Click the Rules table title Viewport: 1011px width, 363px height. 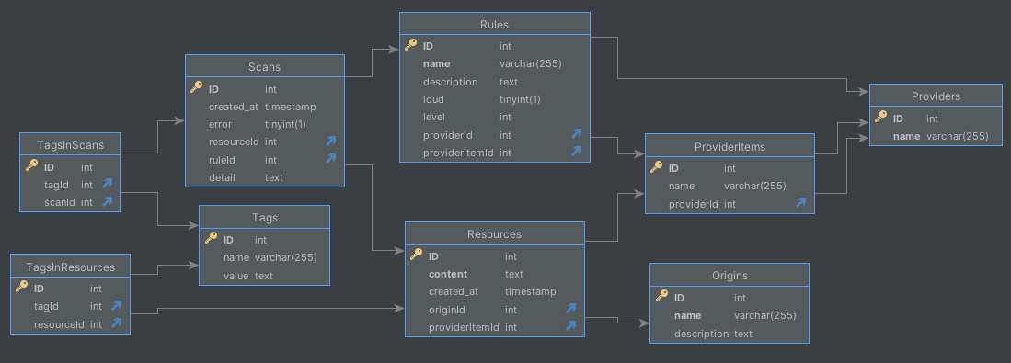pos(494,24)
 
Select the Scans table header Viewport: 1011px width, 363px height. pos(265,66)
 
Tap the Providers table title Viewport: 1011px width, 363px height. pos(936,96)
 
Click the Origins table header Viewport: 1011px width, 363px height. pos(729,275)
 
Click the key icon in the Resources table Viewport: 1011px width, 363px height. pos(416,256)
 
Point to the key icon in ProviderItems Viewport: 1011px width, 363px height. pos(657,168)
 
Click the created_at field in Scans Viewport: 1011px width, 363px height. pos(234,107)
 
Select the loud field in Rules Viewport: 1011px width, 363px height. pos(434,99)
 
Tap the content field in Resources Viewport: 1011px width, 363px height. pos(448,274)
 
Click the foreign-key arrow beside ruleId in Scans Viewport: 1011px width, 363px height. pos(330,159)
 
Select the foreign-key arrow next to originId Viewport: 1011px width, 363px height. pos(570,309)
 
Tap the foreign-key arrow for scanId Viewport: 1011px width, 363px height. pos(108,201)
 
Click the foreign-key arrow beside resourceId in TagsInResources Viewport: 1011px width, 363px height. pos(117,323)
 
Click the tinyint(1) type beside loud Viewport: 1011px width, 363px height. pos(520,99)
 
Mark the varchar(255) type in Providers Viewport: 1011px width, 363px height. pos(957,136)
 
